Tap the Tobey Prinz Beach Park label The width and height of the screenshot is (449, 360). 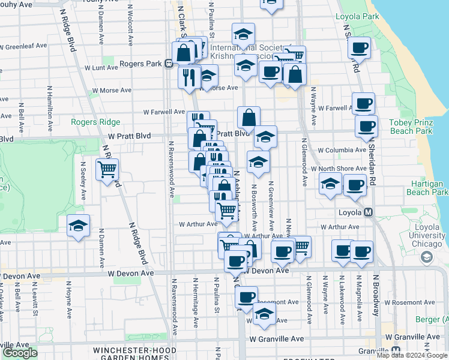tap(411, 127)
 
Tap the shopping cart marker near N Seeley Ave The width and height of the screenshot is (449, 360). tap(107, 170)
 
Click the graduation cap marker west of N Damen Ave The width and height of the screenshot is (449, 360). tap(78, 226)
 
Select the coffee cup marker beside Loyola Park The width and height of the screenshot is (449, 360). tap(359, 48)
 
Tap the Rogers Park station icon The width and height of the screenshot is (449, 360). tap(170, 63)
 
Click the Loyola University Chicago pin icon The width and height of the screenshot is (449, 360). tap(427, 257)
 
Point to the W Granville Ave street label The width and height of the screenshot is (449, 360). tap(277, 339)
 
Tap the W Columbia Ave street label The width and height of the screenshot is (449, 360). tap(342, 150)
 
